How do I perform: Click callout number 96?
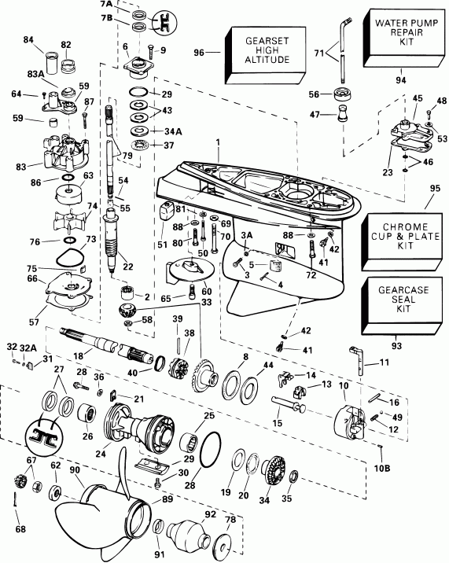(199, 53)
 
